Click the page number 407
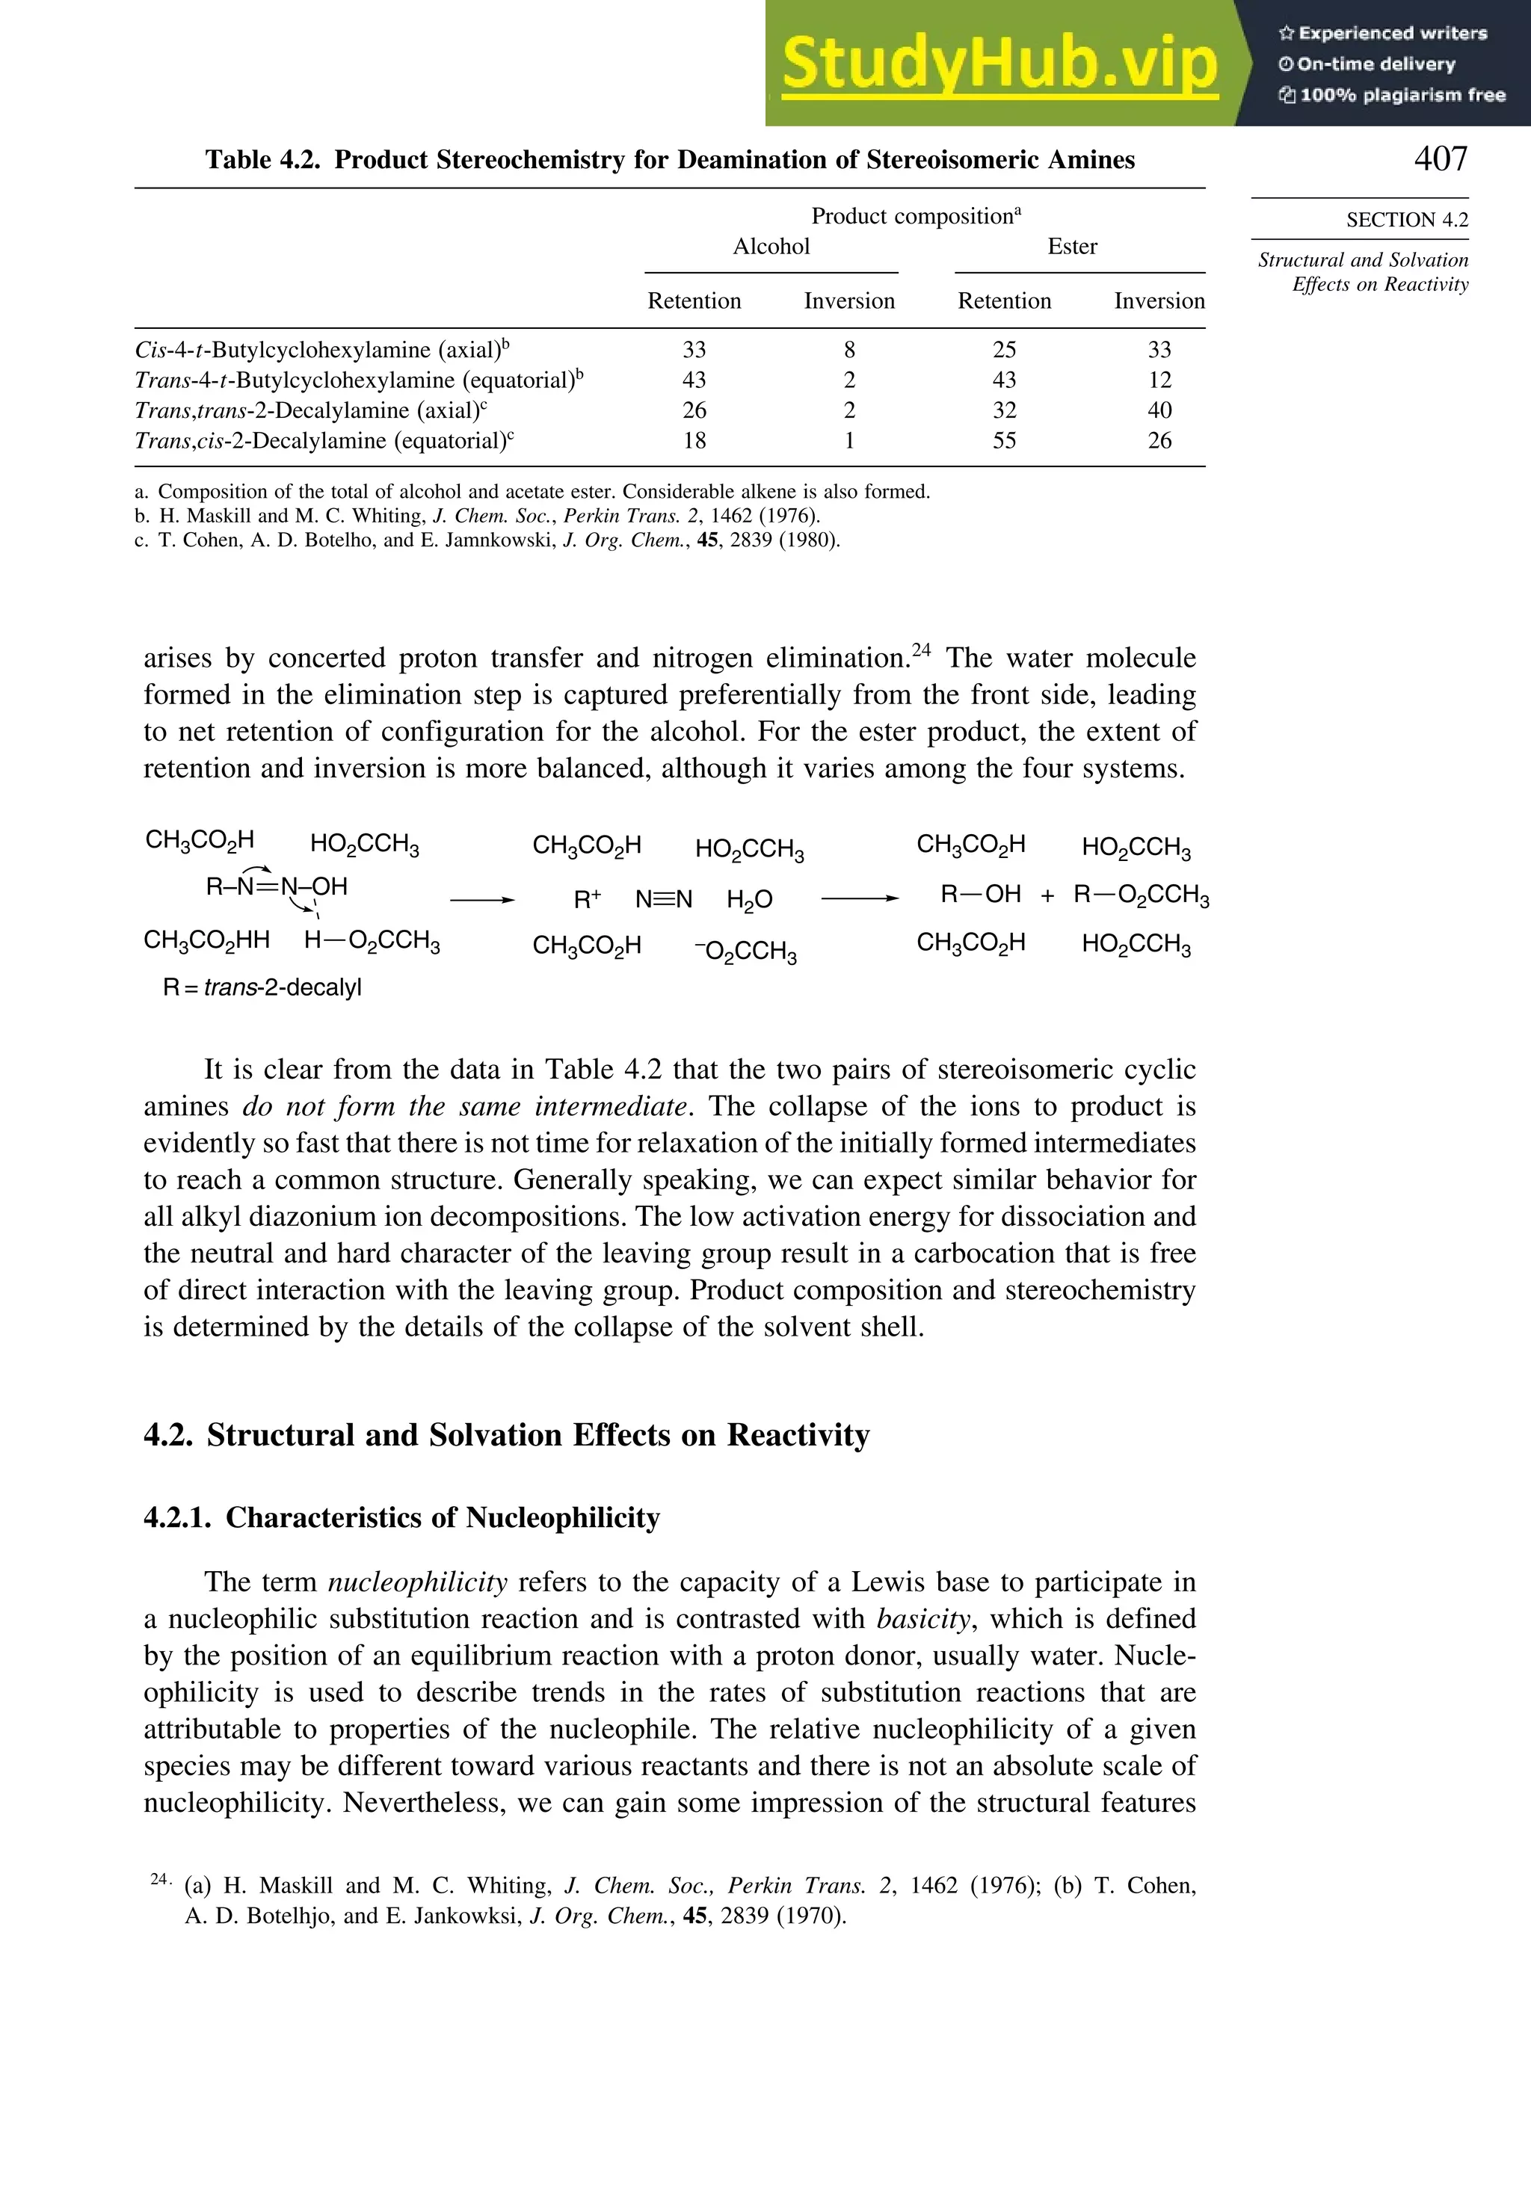tap(1440, 158)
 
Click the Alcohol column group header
tap(771, 247)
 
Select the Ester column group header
tap(1072, 247)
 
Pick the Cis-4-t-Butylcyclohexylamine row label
tap(322, 350)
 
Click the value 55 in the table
tap(1004, 441)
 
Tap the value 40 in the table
tap(1159, 410)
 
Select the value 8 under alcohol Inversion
tap(849, 350)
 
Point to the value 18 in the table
tap(694, 441)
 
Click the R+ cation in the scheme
tap(587, 899)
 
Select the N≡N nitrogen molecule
tap(664, 899)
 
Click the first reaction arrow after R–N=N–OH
tap(482, 899)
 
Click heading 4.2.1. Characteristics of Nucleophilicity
tap(401, 1517)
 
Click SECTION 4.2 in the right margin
tap(1406, 220)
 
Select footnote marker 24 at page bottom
tap(159, 1879)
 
